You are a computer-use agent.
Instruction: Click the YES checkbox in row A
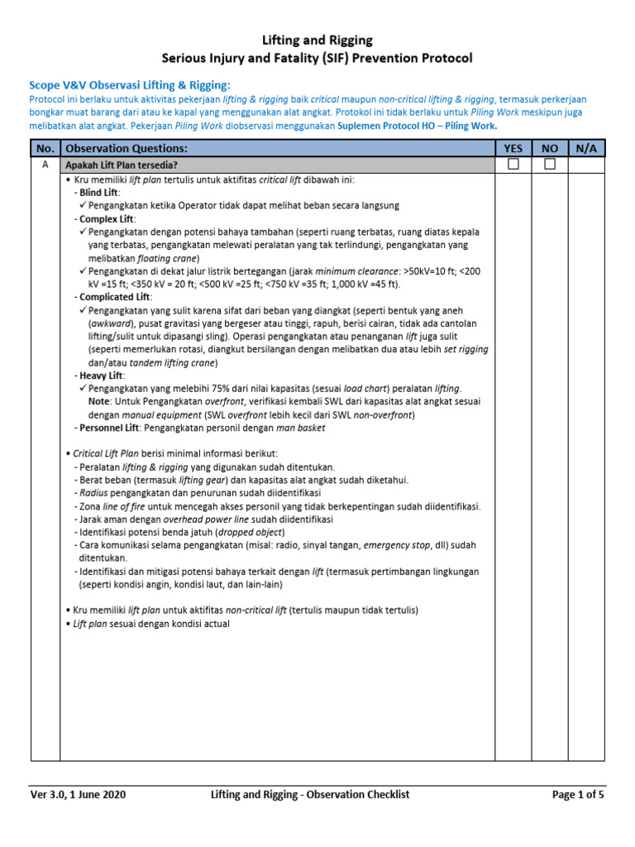(x=513, y=165)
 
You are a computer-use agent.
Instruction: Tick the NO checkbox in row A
(x=550, y=165)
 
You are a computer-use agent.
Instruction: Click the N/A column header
(x=587, y=148)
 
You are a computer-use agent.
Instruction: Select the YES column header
(x=513, y=148)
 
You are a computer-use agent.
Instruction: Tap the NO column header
(x=550, y=148)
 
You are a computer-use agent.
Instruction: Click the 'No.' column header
(x=45, y=148)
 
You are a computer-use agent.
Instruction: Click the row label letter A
(x=45, y=165)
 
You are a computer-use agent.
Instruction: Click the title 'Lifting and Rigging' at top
(x=317, y=40)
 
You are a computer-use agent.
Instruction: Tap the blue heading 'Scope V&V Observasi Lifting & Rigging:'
(x=130, y=85)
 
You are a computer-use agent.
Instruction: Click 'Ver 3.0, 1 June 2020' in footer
(x=79, y=795)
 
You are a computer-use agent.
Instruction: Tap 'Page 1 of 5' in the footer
(x=578, y=795)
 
